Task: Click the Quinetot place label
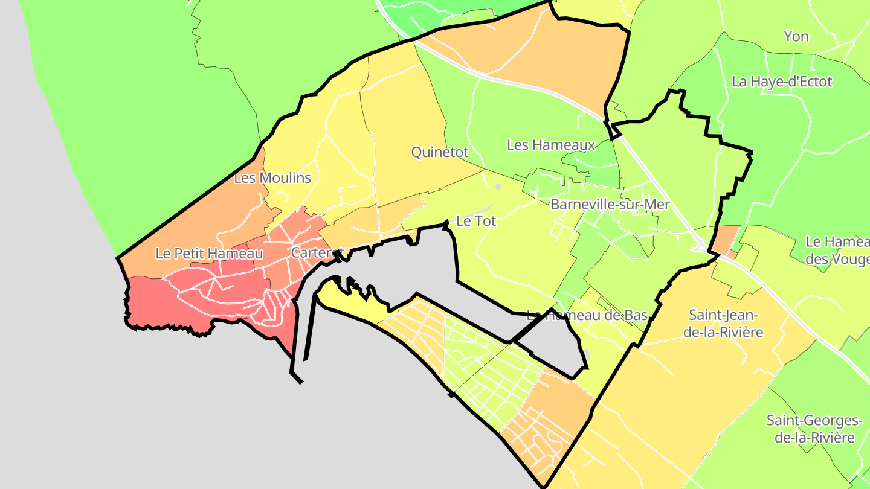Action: click(x=440, y=152)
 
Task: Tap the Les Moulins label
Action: click(x=272, y=178)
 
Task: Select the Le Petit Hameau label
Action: click(x=209, y=254)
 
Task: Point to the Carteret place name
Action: click(x=317, y=253)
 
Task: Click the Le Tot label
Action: click(x=476, y=221)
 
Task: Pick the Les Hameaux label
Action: click(x=551, y=145)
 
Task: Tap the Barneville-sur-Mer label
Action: click(x=610, y=205)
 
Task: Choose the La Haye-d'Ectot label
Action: click(x=782, y=81)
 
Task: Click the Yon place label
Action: click(x=796, y=36)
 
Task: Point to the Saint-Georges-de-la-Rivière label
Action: click(x=814, y=429)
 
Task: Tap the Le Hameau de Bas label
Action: click(x=587, y=315)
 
